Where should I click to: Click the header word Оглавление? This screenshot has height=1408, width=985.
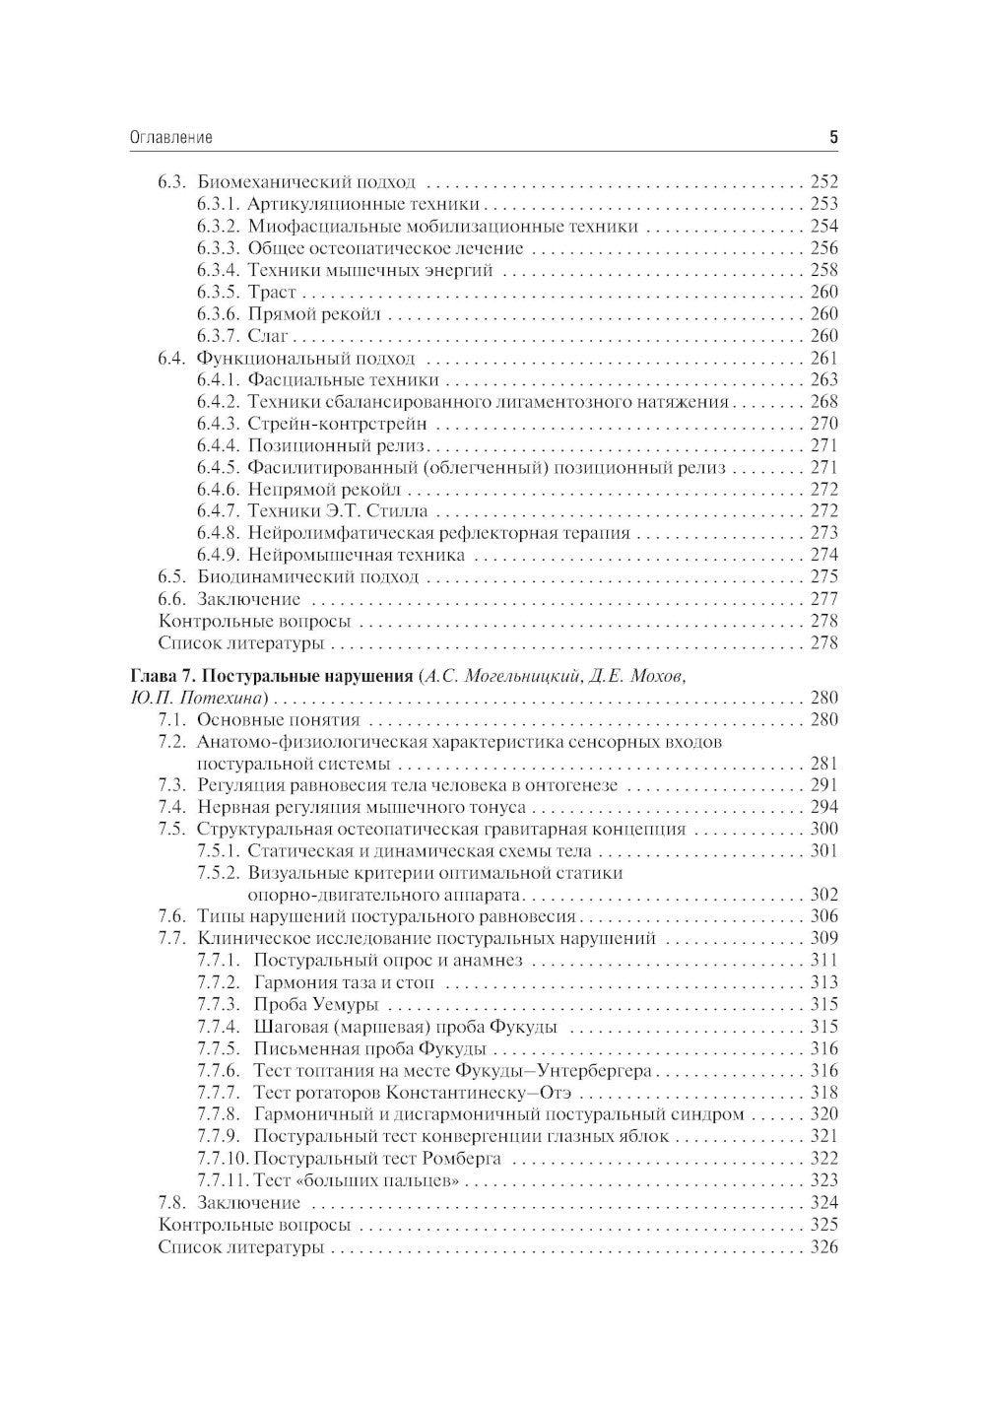pyautogui.click(x=171, y=138)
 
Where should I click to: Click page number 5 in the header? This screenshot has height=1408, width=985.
pyautogui.click(x=833, y=138)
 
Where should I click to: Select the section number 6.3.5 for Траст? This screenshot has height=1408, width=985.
pyautogui.click(x=218, y=293)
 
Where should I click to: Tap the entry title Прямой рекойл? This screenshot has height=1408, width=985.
pyautogui.click(x=314, y=314)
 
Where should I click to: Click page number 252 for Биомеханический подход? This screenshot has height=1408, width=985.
pyautogui.click(x=823, y=182)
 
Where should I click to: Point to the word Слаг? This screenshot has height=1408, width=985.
pyautogui.click(x=267, y=336)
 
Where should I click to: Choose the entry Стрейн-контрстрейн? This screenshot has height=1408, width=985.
pyautogui.click(x=337, y=424)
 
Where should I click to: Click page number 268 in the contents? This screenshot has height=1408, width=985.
pyautogui.click(x=823, y=402)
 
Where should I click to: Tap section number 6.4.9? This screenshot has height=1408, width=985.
pyautogui.click(x=218, y=555)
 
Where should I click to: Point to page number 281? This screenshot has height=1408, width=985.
pyautogui.click(x=823, y=764)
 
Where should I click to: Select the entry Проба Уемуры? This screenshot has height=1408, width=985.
pyautogui.click(x=316, y=1005)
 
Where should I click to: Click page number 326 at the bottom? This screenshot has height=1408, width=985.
pyautogui.click(x=823, y=1247)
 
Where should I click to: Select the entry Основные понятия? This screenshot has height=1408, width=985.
pyautogui.click(x=279, y=720)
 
